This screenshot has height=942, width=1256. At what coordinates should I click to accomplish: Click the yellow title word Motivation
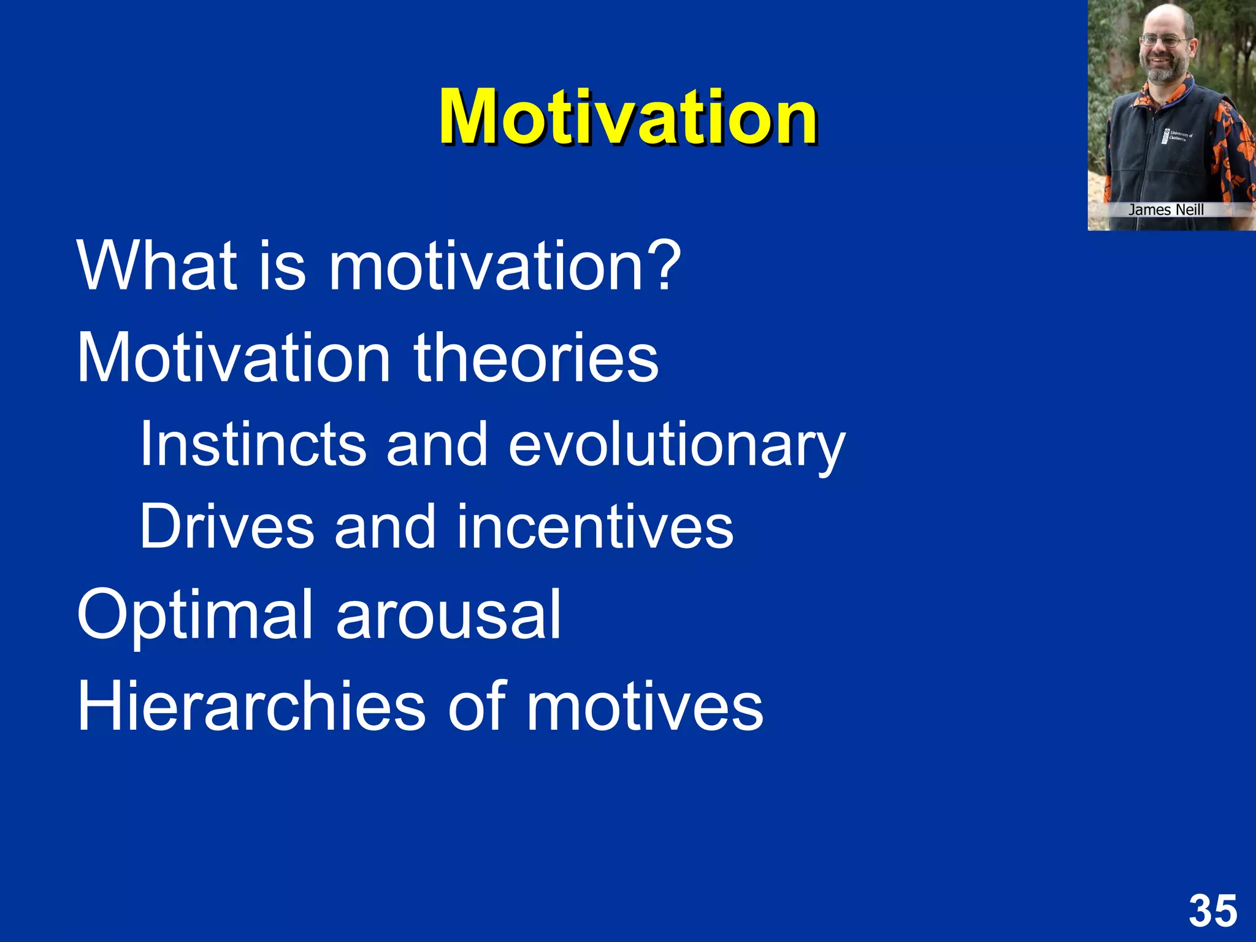tap(627, 117)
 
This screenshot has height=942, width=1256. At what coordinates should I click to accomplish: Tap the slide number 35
tap(1212, 911)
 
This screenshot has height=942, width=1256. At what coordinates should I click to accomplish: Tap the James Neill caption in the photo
tap(1166, 210)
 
